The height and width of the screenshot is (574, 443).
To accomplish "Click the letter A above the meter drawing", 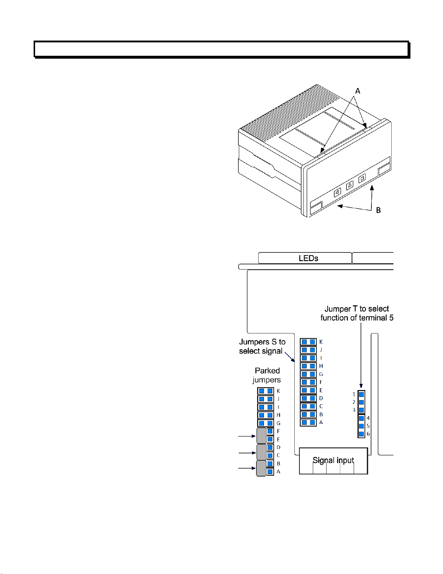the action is pyautogui.click(x=358, y=91).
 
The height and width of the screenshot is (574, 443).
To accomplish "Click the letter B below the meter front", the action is pyautogui.click(x=378, y=210).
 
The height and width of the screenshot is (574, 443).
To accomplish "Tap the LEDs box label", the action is pyautogui.click(x=308, y=258).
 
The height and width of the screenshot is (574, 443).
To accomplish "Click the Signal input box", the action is pyautogui.click(x=333, y=461).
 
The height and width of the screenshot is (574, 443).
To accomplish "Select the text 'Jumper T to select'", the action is pyautogui.click(x=357, y=309).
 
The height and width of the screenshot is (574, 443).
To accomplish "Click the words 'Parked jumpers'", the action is pyautogui.click(x=267, y=375).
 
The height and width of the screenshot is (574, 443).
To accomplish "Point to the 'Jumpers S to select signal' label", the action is pyautogui.click(x=262, y=346).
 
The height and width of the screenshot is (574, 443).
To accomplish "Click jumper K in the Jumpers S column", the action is pyautogui.click(x=308, y=342).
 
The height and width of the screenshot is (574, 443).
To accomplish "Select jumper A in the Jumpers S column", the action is pyautogui.click(x=308, y=422).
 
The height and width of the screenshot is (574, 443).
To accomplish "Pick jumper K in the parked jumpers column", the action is pyautogui.click(x=265, y=391).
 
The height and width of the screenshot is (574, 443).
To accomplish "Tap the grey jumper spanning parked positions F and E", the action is pyautogui.click(x=261, y=436).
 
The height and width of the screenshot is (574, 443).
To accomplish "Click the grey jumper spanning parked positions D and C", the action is pyautogui.click(x=261, y=452).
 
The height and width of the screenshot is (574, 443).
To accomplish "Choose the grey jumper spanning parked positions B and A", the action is pyautogui.click(x=261, y=468).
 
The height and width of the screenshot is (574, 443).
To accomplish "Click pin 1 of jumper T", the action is pyautogui.click(x=362, y=394).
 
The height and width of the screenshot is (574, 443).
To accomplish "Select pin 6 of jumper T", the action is pyautogui.click(x=362, y=434).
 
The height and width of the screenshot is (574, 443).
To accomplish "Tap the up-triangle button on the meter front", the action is pyautogui.click(x=350, y=185).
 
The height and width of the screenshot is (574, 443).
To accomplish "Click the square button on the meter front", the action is pyautogui.click(x=362, y=178).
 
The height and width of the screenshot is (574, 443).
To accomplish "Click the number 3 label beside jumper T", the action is pyautogui.click(x=354, y=410).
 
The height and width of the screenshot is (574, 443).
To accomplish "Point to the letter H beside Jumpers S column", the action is pyautogui.click(x=321, y=366).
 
